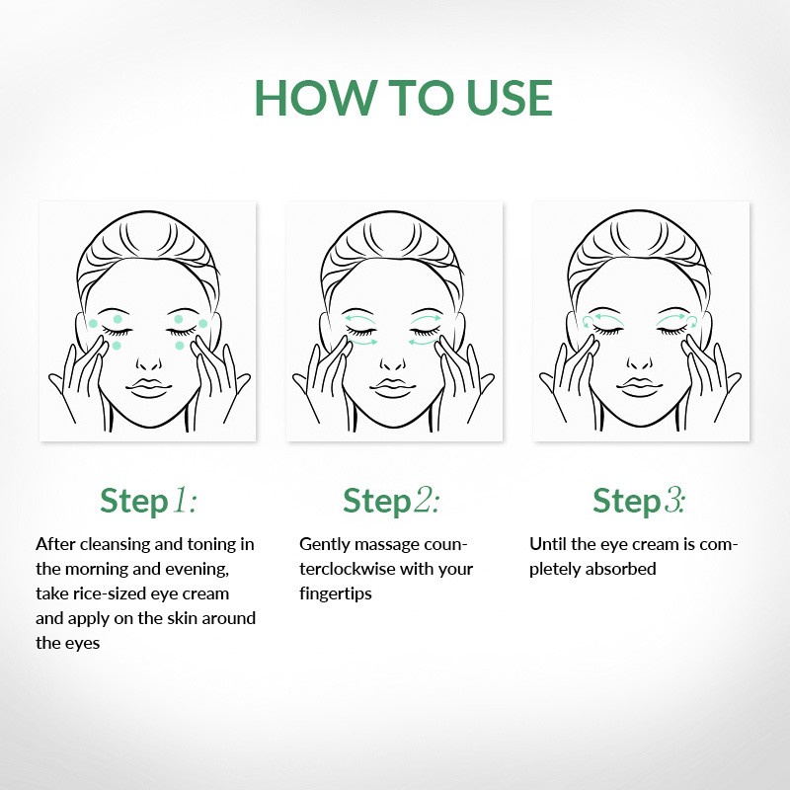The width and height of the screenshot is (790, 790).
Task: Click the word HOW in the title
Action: pos(316,98)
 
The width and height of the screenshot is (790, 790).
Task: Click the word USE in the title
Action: pos(510,98)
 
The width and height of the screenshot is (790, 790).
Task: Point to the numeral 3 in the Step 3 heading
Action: pos(673,501)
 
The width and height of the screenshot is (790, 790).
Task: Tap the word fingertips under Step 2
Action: pos(336,594)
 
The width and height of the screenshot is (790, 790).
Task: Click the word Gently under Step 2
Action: pos(325,545)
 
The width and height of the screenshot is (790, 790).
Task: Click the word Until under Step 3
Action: pos(548,544)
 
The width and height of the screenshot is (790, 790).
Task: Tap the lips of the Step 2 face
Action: pos(393,387)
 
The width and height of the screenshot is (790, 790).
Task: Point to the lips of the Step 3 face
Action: pos(640,387)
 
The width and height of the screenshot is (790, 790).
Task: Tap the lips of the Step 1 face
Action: pos(149,387)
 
